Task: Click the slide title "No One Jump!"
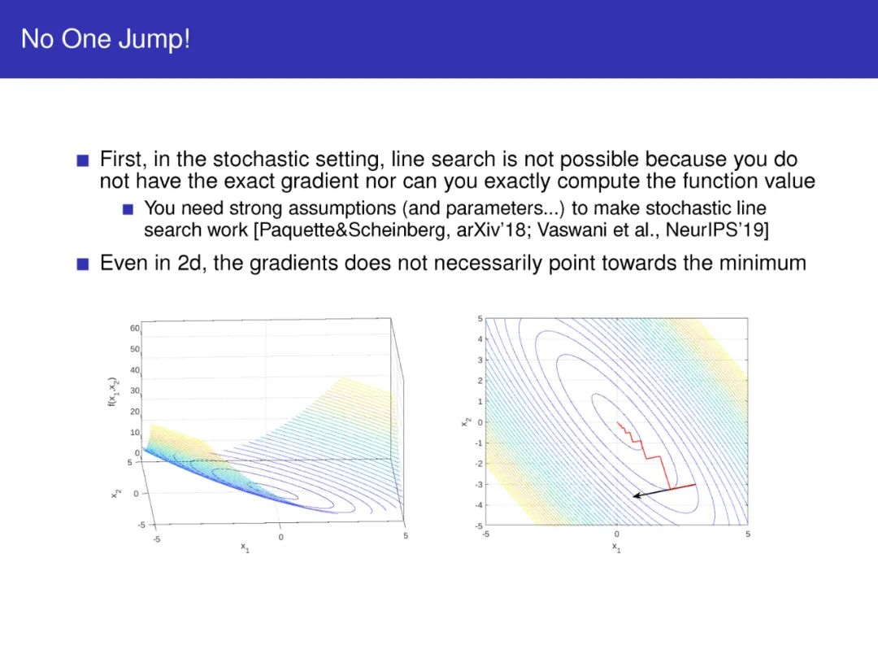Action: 105,39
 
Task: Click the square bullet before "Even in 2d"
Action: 83,264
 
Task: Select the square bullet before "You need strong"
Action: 128,210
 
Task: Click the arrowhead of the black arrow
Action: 636,495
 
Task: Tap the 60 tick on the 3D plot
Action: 134,328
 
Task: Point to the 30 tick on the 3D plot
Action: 134,391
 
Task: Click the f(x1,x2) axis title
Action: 112,391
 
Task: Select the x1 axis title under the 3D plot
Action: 246,548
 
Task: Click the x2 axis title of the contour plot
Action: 465,422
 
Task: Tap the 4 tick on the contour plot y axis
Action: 480,339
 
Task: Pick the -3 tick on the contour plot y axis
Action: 478,484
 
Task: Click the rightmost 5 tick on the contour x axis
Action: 748,534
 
